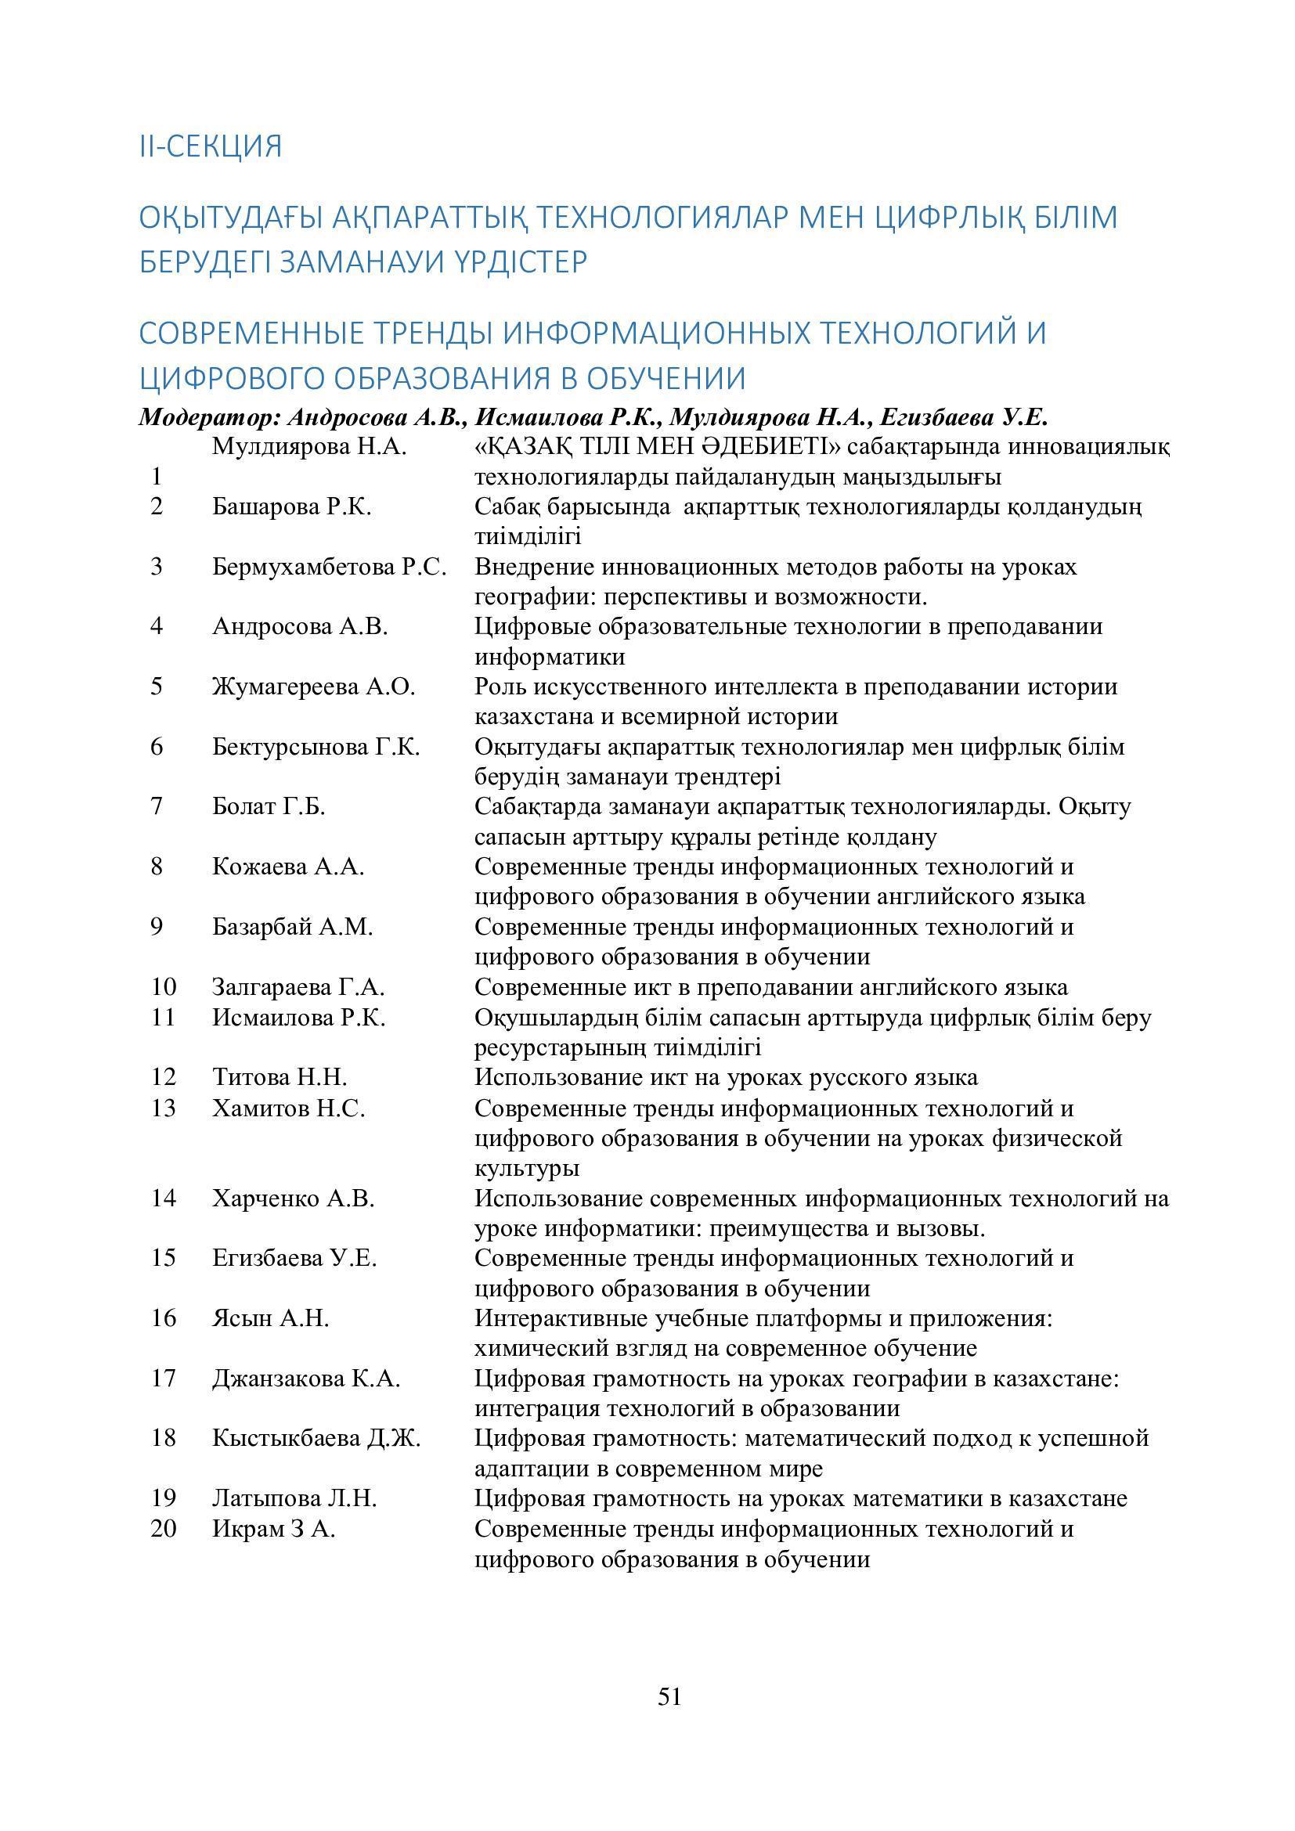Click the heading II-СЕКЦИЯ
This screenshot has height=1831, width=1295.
pyautogui.click(x=211, y=146)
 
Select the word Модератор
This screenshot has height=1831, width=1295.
pyautogui.click(x=205, y=417)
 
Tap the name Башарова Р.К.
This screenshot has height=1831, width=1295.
pyautogui.click(x=292, y=506)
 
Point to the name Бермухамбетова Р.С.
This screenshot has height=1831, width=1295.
pyautogui.click(x=329, y=566)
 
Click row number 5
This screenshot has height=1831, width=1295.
pyautogui.click(x=157, y=686)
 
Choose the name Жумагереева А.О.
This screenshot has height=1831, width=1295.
pyautogui.click(x=313, y=686)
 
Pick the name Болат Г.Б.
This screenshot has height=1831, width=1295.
pyautogui.click(x=269, y=806)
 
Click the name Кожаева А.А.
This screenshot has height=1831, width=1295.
pyautogui.click(x=288, y=866)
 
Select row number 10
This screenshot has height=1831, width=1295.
pyautogui.click(x=163, y=986)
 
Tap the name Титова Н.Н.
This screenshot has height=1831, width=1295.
pyautogui.click(x=280, y=1076)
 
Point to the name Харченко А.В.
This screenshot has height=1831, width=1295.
pyautogui.click(x=293, y=1198)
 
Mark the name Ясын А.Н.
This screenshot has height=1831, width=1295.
pyautogui.click(x=270, y=1318)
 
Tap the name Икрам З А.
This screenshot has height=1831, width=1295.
pyautogui.click(x=273, y=1529)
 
